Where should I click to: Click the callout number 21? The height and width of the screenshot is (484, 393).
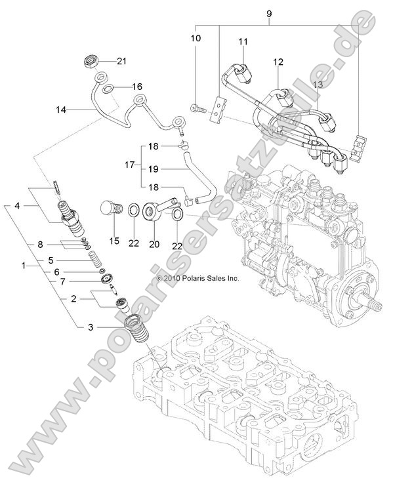point(121,62)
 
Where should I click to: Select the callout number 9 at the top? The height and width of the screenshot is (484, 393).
point(267,13)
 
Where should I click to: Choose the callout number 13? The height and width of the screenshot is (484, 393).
point(318,85)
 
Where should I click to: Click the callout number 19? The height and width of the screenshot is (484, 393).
point(152,168)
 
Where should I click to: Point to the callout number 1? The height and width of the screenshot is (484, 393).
point(25,266)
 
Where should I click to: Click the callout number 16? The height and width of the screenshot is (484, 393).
point(136,87)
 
